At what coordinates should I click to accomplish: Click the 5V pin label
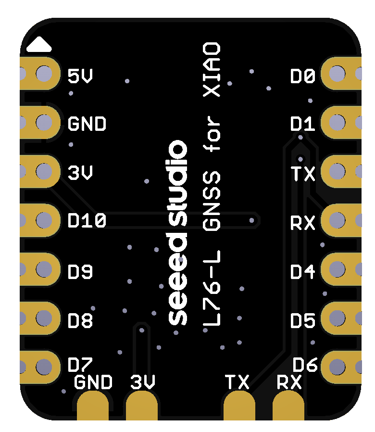tap(80, 76)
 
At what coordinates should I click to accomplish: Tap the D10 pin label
tap(87, 221)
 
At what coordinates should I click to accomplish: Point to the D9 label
tap(80, 272)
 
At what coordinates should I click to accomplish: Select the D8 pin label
tap(80, 320)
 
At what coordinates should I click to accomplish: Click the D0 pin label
tap(303, 76)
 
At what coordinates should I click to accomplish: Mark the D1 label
tap(303, 124)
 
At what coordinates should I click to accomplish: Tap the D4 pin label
tap(303, 272)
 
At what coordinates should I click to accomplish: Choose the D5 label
tap(303, 320)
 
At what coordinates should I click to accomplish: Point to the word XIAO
tap(212, 70)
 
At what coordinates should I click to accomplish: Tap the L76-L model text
tap(212, 289)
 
